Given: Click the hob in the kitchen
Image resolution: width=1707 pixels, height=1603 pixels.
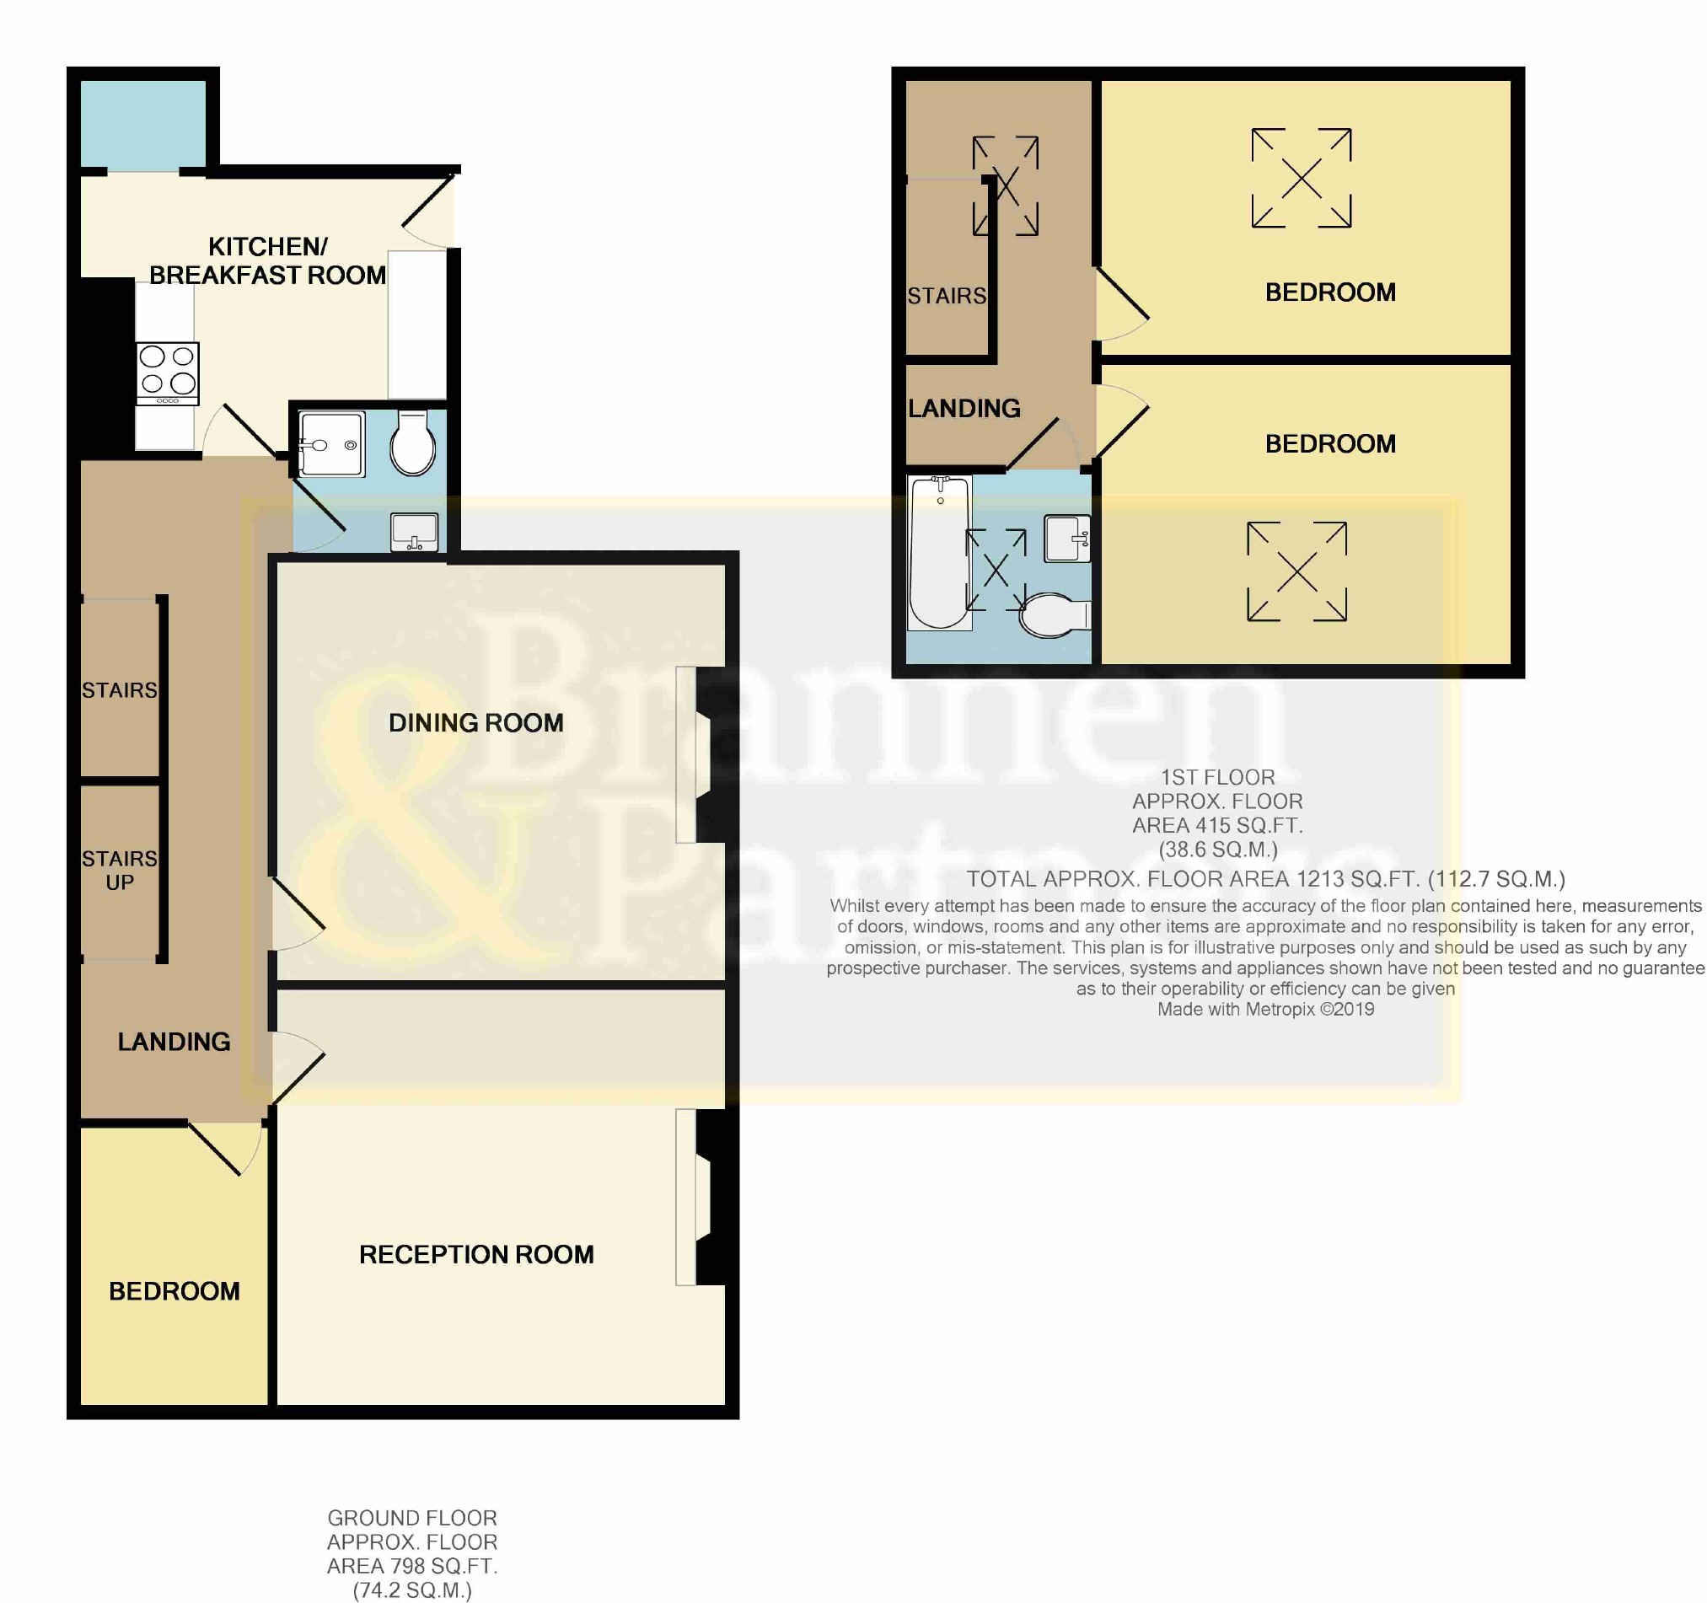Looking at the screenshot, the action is pos(168,373).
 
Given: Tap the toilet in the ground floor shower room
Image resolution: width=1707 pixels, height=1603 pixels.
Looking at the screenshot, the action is pos(413,442).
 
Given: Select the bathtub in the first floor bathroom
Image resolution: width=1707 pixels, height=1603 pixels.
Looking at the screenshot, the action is pos(939,553).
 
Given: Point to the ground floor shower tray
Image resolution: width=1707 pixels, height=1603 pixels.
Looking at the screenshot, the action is pos(331,444).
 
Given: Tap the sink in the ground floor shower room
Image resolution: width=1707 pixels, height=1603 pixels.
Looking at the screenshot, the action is pos(415,533).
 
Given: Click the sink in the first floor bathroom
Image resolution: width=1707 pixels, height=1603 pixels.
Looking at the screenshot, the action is pos(1067,539).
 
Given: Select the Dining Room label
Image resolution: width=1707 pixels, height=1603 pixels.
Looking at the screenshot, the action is pos(475,723).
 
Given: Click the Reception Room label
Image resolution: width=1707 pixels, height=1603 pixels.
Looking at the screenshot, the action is pos(475,1254).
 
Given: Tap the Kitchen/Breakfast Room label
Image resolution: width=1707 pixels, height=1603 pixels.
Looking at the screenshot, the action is pos(268,261).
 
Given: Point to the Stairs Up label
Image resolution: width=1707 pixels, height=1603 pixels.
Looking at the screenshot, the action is pos(120,870).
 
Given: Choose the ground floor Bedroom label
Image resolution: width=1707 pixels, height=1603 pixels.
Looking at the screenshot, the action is pos(174,1291).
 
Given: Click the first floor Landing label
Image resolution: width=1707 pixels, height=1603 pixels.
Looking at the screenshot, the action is pos(964,409).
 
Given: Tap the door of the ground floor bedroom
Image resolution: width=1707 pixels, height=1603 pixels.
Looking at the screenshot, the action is pos(223,1149).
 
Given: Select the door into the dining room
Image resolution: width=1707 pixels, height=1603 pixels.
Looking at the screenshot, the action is pos(298,914).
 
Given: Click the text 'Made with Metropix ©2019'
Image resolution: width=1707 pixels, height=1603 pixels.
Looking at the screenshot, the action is pos(1265,1010).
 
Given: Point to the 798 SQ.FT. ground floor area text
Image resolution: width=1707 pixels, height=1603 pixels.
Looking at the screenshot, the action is pos(412,1566).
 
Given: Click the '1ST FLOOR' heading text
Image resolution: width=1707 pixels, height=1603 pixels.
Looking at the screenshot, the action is pos(1217,778).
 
